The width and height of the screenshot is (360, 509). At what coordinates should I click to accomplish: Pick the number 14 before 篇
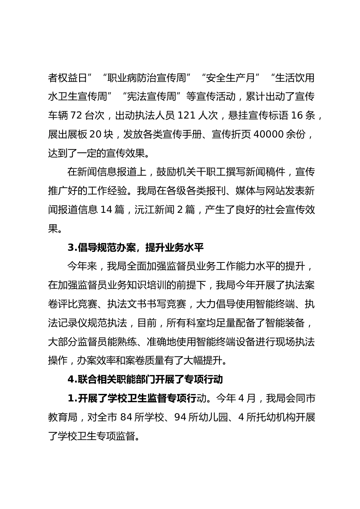tap(106, 209)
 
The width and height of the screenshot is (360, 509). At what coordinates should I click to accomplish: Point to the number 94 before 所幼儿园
tap(180, 417)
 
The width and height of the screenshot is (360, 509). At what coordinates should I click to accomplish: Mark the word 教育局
tap(63, 417)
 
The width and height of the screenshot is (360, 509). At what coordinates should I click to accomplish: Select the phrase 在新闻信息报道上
tap(107, 172)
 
